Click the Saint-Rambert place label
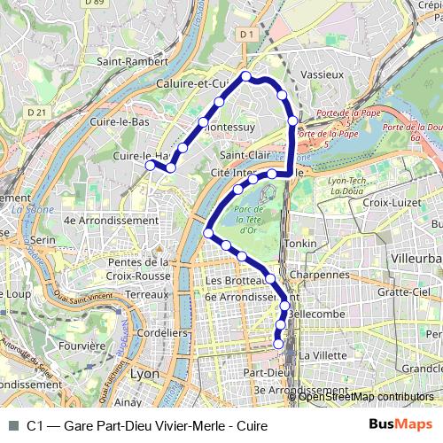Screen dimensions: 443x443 pos(132,62)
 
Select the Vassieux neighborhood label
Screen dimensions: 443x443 pos(322,74)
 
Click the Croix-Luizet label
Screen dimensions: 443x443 pos(390,202)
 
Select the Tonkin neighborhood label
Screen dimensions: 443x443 pos(299,243)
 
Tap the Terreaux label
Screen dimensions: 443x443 pos(146,293)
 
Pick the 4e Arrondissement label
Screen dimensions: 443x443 pos(98,220)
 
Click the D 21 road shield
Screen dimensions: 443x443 pos(36,113)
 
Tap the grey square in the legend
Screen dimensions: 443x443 pos(13,425)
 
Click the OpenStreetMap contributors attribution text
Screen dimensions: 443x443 pos(366,397)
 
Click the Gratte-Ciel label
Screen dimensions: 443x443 pos(403,291)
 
